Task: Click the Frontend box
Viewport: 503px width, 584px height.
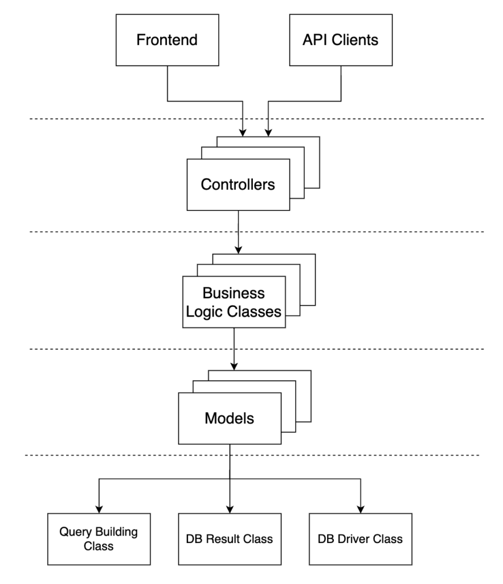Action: [167, 40]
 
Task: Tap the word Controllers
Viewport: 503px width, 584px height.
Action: [238, 185]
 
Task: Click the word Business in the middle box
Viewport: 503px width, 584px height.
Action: [234, 294]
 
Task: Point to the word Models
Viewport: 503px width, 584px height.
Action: [230, 418]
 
